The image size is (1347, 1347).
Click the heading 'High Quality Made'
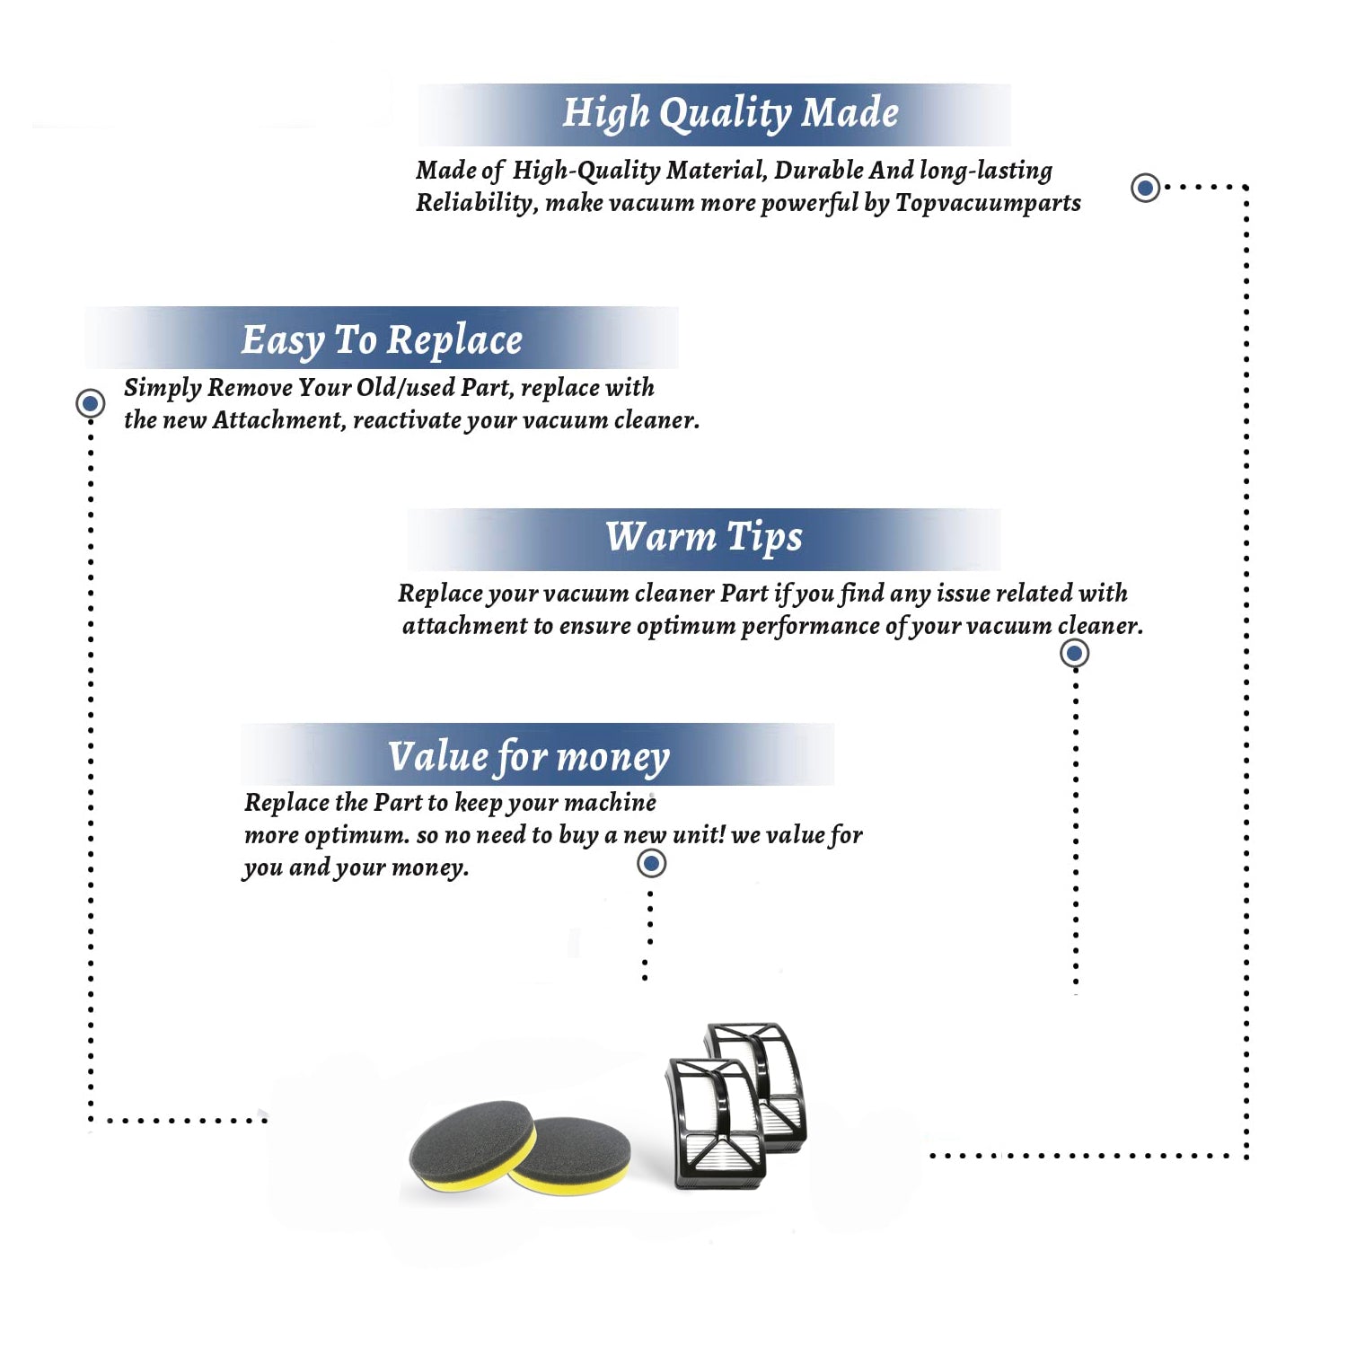730,114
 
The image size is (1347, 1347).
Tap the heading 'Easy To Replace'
382,340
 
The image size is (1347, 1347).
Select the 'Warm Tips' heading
703,537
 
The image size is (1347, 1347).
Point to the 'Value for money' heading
528,756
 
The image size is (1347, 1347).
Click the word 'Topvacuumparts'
988,204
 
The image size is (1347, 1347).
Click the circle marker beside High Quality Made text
1145,188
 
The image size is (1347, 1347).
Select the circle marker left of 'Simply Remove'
90,403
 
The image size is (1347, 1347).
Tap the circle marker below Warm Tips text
1074,653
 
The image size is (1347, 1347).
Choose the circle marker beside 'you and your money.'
651,864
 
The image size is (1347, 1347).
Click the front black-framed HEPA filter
716,1122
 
